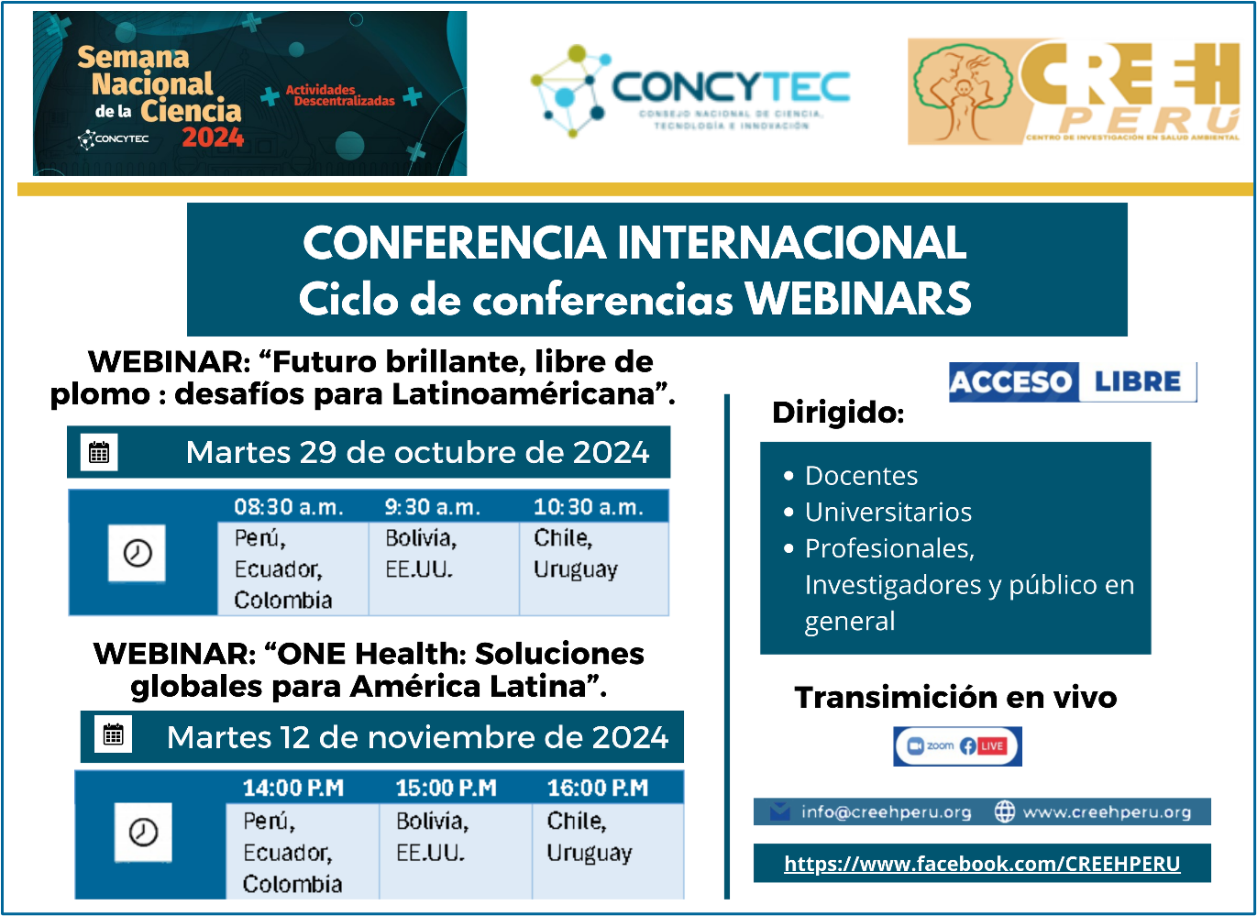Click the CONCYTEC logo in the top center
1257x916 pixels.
[x=690, y=92]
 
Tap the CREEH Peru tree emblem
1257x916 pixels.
[x=963, y=92]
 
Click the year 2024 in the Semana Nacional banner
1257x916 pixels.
[x=213, y=138]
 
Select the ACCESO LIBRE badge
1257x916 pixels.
[x=1073, y=382]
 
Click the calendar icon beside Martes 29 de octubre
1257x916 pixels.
[x=99, y=452]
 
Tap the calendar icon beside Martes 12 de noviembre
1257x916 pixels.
[x=114, y=734]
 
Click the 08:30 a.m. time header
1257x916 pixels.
[x=289, y=507]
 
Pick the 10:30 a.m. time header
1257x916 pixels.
[x=588, y=507]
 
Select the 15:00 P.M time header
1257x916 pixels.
[x=447, y=788]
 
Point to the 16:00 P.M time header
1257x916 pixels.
[x=598, y=788]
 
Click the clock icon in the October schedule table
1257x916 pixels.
[x=137, y=554]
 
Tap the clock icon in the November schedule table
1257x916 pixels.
[x=144, y=833]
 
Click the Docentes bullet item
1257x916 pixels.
[x=862, y=476]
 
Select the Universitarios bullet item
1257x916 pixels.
[x=888, y=512]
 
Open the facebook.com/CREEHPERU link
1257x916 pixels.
[x=982, y=864]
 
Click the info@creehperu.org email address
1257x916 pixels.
[x=886, y=812]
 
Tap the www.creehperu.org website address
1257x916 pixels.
[x=1108, y=812]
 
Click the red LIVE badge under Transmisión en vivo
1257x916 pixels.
[x=991, y=746]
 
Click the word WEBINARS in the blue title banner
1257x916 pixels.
[x=858, y=299]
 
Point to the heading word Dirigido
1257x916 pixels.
[x=838, y=413]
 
